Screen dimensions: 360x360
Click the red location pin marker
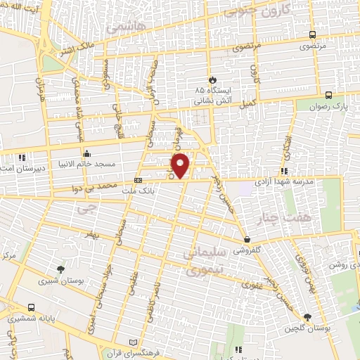click(181, 165)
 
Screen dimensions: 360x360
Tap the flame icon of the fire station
click(212, 79)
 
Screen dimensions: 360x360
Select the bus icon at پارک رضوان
click(329, 95)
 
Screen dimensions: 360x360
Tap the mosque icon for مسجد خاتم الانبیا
click(86, 153)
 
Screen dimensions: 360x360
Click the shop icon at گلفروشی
click(247, 240)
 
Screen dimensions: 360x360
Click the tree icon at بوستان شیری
click(61, 269)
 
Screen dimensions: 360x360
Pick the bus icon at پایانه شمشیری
click(32, 307)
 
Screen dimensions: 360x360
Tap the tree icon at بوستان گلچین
click(307, 317)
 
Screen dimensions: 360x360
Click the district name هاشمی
click(126, 28)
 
